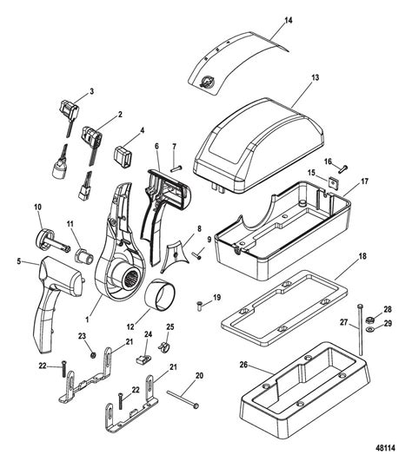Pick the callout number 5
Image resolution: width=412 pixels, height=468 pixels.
[x=20, y=259]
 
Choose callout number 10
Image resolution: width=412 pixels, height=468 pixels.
[x=37, y=206]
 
